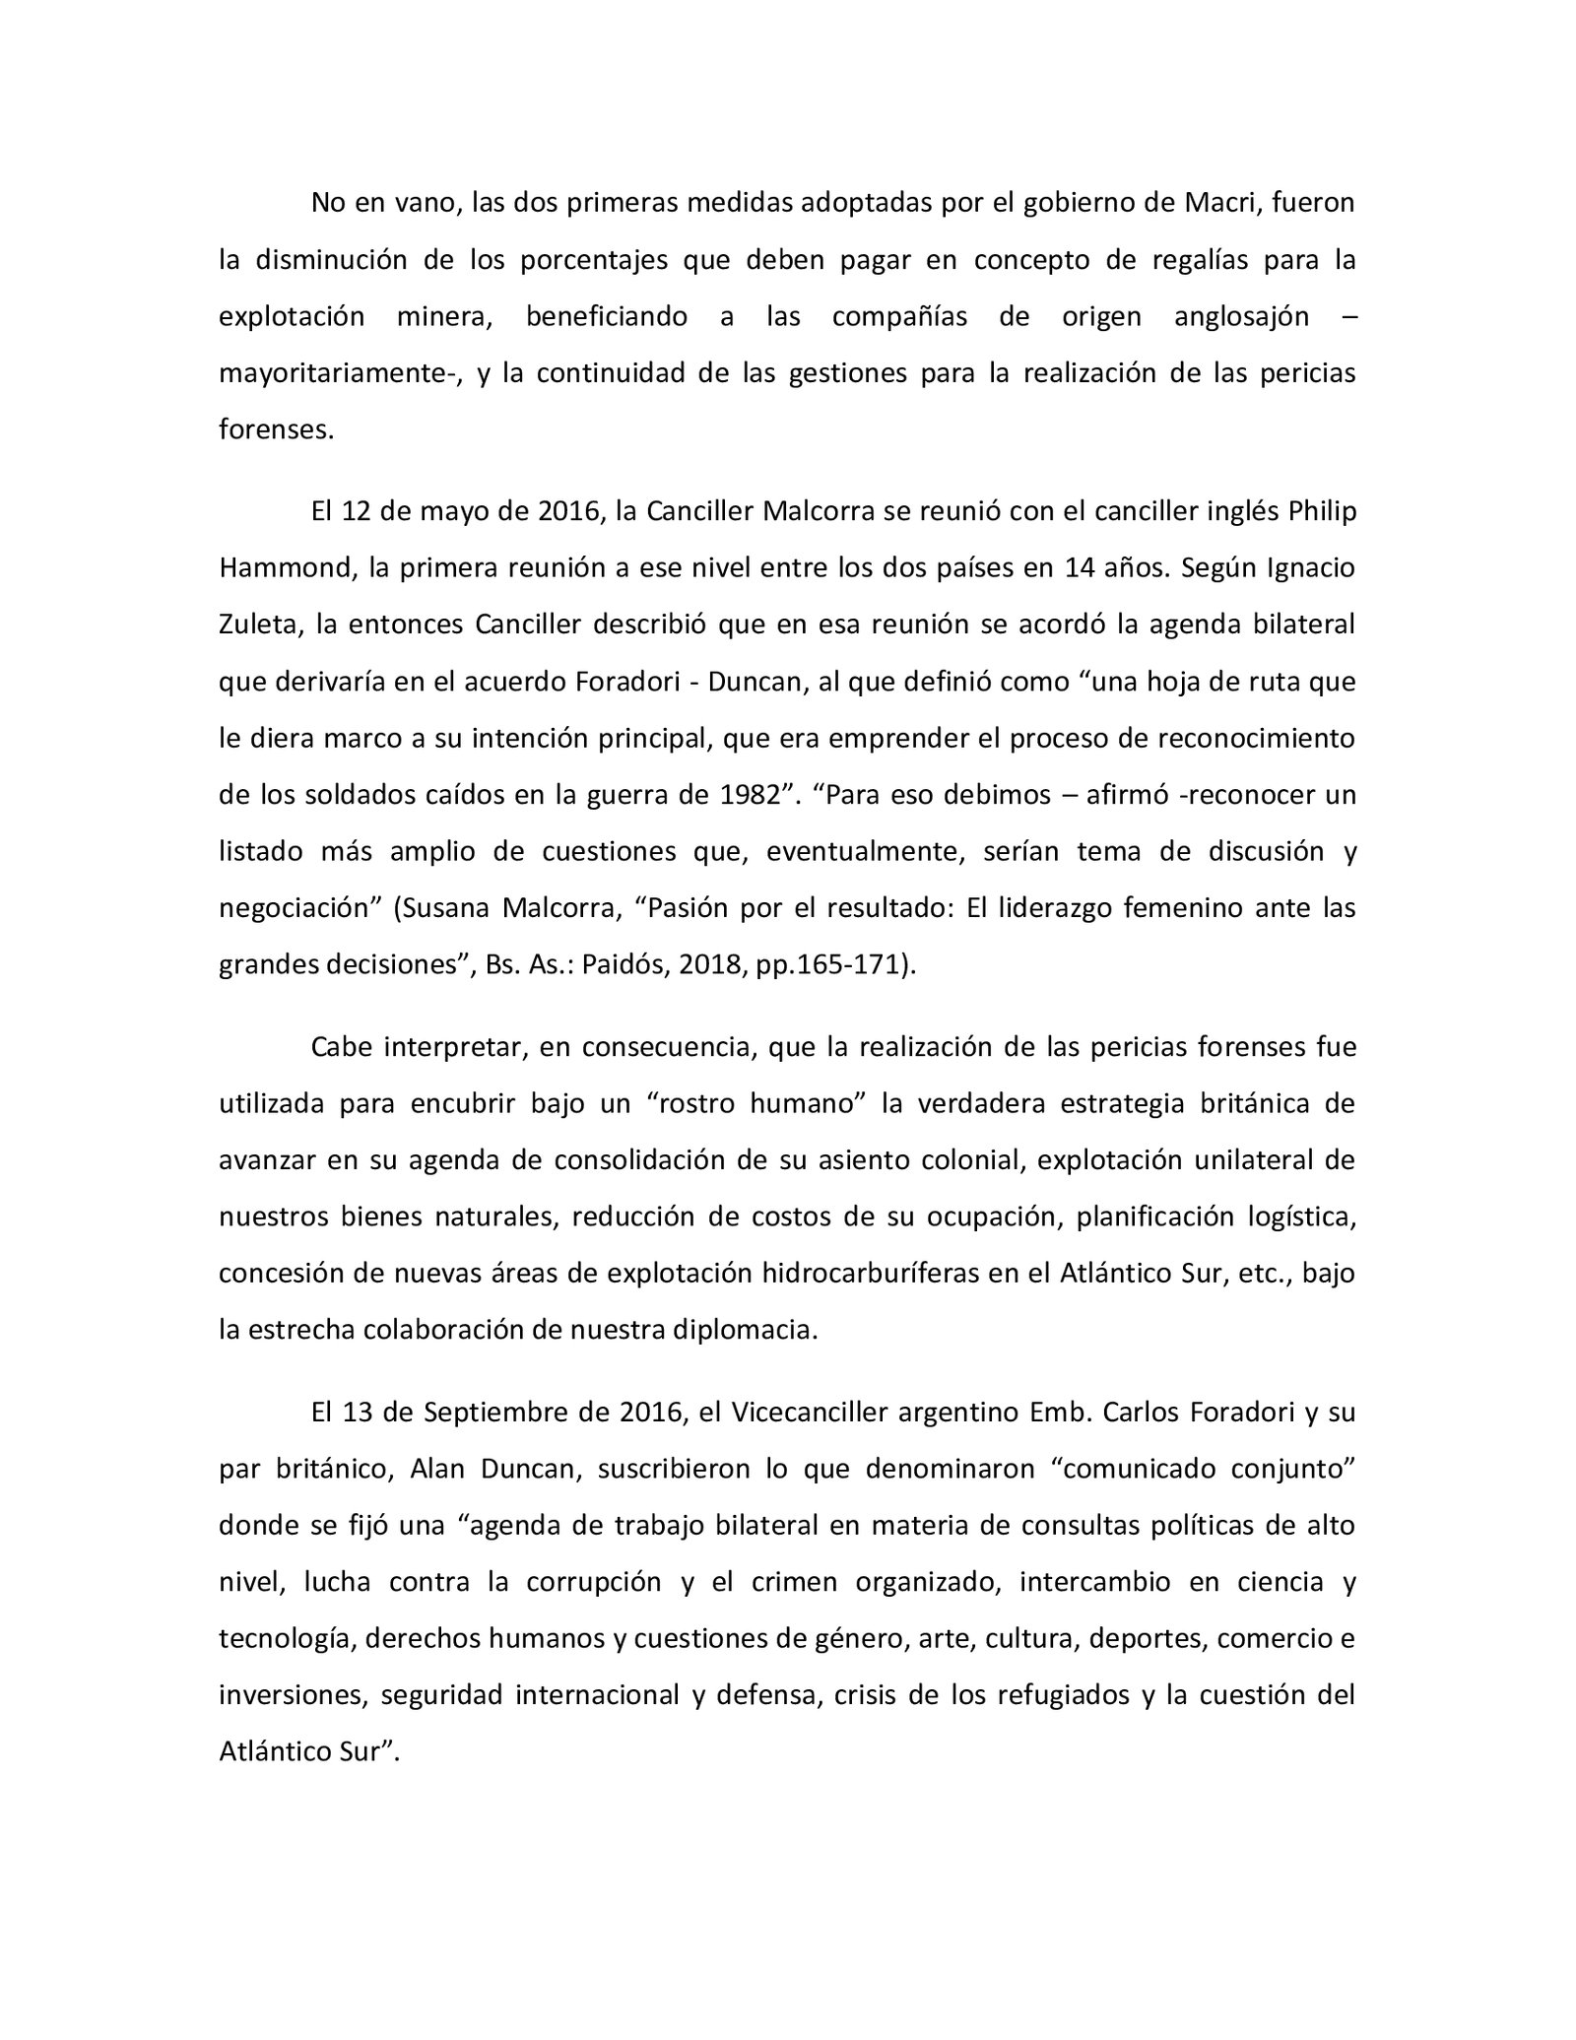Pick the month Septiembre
[x=495, y=1413]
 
